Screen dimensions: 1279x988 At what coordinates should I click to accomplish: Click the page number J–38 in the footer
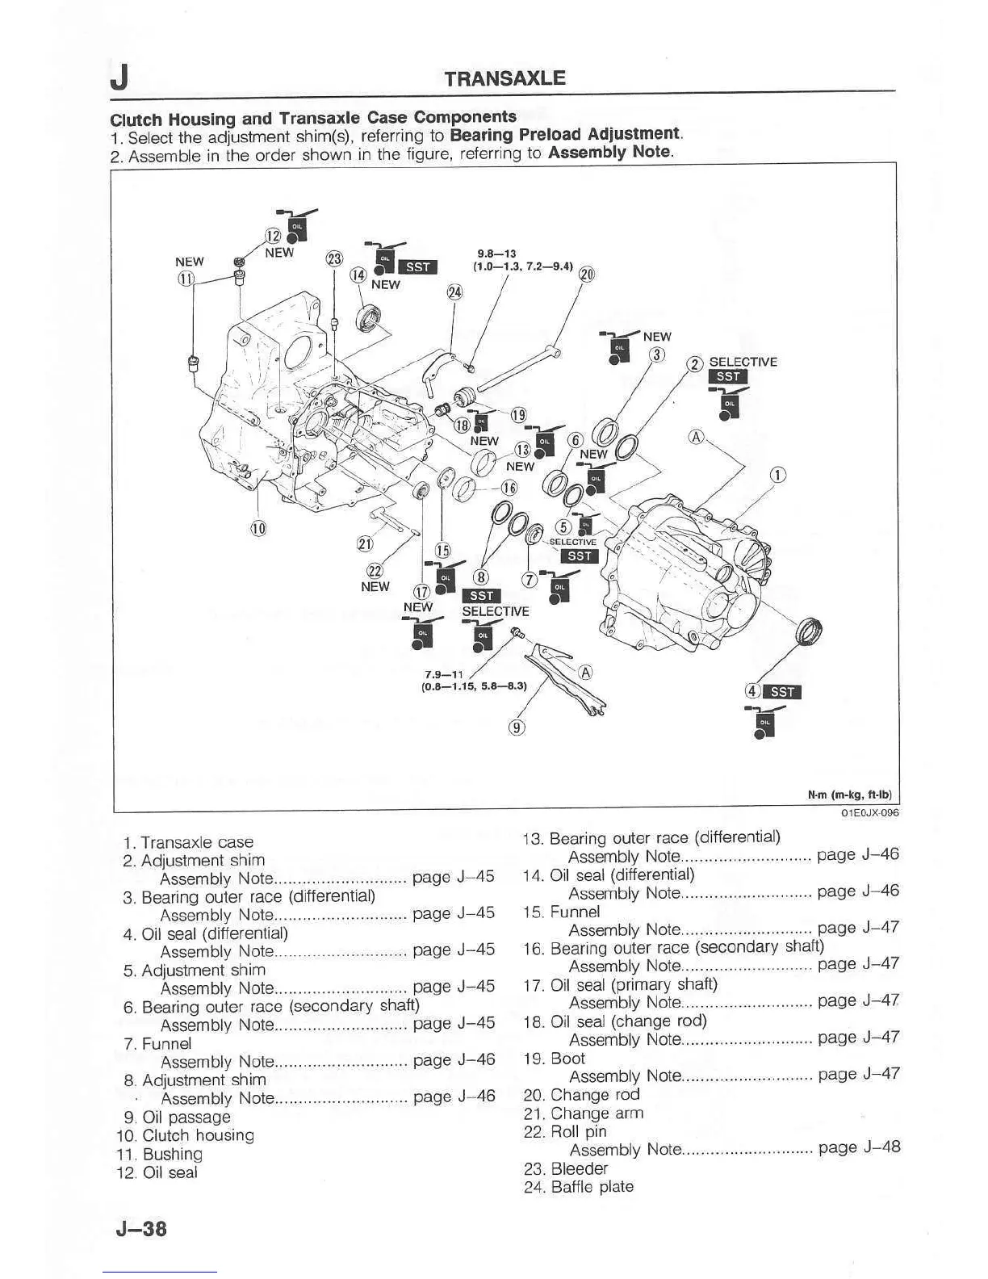(x=140, y=1228)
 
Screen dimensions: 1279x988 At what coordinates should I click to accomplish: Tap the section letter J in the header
(x=119, y=78)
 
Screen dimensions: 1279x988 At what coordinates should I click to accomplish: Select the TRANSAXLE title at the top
(x=505, y=78)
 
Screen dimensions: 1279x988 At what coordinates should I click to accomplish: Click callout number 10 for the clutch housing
(x=258, y=528)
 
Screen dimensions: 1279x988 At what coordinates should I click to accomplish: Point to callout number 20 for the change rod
(x=587, y=275)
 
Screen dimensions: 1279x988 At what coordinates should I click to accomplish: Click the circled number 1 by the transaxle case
(x=777, y=476)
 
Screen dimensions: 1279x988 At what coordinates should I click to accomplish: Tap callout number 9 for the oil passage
(x=517, y=727)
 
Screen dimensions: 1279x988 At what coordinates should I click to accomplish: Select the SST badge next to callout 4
(x=782, y=691)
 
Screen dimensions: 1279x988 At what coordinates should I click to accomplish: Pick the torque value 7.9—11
(x=443, y=674)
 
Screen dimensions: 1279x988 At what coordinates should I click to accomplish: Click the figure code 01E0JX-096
(x=869, y=813)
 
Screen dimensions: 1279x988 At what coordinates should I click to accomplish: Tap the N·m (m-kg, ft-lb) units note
(x=853, y=795)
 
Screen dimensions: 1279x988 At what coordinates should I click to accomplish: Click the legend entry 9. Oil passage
(x=177, y=1118)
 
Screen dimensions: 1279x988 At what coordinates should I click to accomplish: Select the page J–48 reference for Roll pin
(x=859, y=1147)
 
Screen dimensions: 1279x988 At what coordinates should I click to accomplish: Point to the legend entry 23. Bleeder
(x=567, y=1168)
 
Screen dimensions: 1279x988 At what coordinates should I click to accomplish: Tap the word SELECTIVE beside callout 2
(x=743, y=362)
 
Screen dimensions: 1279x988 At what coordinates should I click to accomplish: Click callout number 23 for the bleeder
(x=333, y=260)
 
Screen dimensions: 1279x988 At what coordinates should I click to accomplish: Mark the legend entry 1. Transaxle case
(x=189, y=842)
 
